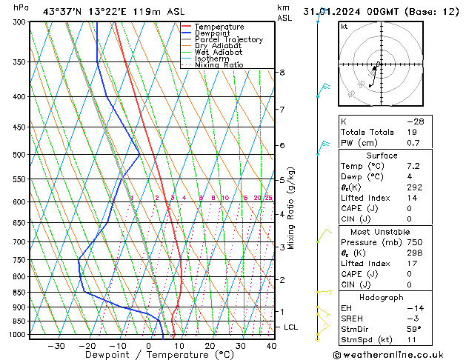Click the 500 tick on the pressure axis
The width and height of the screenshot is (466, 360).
pyautogui.click(x=20, y=155)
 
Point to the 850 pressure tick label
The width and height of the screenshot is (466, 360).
pyautogui.click(x=20, y=293)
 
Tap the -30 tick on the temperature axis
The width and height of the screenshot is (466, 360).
pyautogui.click(x=56, y=346)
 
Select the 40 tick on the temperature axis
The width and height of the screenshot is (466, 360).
pyautogui.click(x=271, y=346)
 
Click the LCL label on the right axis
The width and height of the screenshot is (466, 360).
pyautogui.click(x=291, y=327)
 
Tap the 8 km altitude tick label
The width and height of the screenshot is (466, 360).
pyautogui.click(x=282, y=72)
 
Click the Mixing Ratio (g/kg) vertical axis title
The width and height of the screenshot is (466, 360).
pyautogui.click(x=291, y=208)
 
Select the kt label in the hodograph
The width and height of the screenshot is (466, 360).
pyautogui.click(x=344, y=27)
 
